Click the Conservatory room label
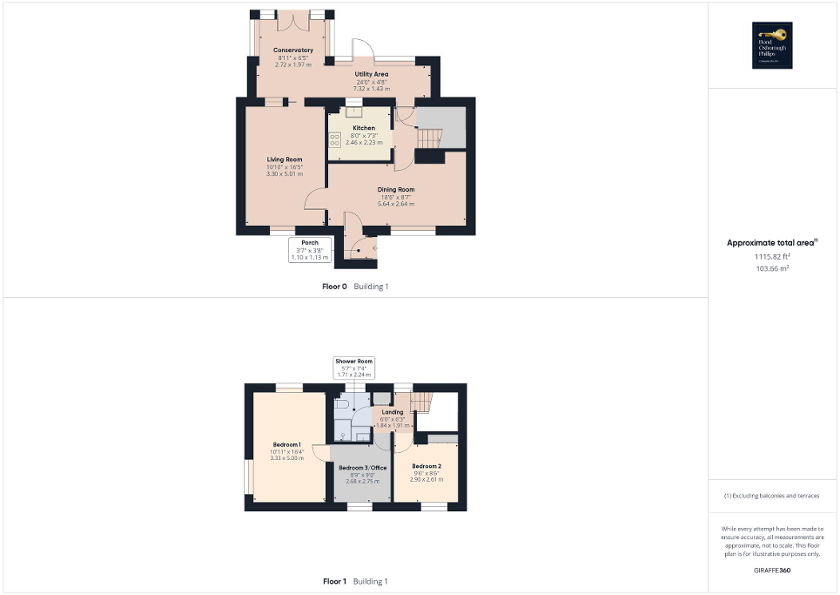click(x=292, y=51)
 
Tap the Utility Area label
click(x=371, y=75)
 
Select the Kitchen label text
click(x=364, y=128)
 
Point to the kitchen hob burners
click(x=335, y=140)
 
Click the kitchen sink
click(x=354, y=112)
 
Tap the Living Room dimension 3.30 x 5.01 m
click(x=284, y=173)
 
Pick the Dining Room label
click(x=395, y=189)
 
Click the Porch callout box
click(x=310, y=250)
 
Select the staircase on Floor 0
click(x=431, y=139)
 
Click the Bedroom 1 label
click(x=286, y=444)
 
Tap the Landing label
click(x=392, y=412)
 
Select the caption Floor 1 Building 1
click(x=355, y=581)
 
